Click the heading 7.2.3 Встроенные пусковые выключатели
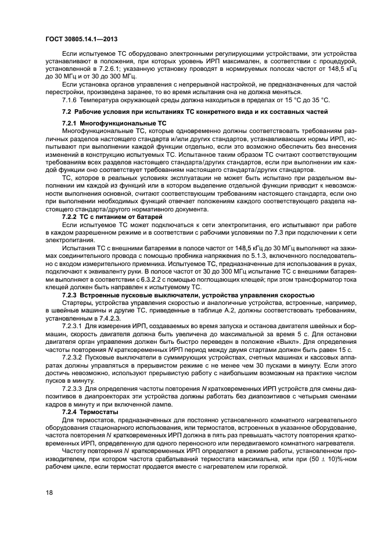[188, 295]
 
